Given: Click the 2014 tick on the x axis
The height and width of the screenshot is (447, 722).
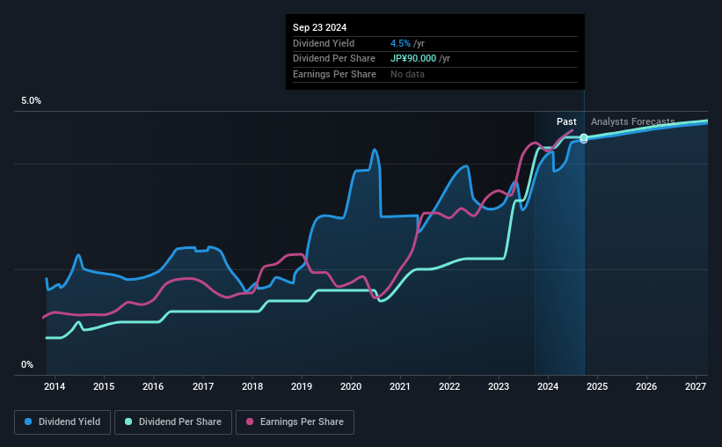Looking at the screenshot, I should (x=55, y=386).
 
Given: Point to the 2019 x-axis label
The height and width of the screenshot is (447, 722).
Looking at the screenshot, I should (x=302, y=386).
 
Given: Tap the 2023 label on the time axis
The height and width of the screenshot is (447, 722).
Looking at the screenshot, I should (x=499, y=386).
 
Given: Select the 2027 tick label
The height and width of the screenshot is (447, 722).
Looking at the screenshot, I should (x=696, y=386).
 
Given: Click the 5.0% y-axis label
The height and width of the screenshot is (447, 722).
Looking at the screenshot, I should (x=31, y=101).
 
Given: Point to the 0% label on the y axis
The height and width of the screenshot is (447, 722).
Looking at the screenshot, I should (x=27, y=364).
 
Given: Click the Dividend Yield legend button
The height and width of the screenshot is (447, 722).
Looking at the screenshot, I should (x=62, y=422).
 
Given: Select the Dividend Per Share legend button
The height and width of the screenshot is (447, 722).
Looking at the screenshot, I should (x=179, y=422).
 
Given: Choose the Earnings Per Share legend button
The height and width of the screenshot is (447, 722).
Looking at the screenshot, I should (x=295, y=422).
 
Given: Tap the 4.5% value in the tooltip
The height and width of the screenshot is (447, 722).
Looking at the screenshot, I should (x=400, y=43).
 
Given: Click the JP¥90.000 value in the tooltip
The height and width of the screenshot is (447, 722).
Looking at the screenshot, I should (x=420, y=58).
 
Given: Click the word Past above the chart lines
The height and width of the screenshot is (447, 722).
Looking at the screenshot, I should (x=566, y=121).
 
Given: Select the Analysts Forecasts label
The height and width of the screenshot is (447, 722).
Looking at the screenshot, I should (x=632, y=121).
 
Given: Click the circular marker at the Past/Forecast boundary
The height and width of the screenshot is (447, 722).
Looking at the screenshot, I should (x=583, y=138).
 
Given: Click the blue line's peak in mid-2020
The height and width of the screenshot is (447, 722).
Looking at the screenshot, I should (x=374, y=150).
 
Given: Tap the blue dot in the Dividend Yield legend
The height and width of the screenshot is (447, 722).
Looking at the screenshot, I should (x=28, y=422).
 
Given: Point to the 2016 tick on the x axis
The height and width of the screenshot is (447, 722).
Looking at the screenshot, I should (x=153, y=386).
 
